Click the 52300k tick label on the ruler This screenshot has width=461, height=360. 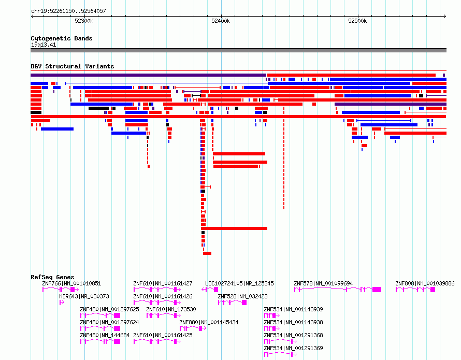click(84, 21)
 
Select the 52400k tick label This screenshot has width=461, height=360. click(221, 21)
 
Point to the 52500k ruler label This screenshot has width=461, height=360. click(357, 21)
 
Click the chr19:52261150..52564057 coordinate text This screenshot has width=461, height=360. click(68, 11)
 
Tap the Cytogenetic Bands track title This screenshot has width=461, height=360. click(62, 38)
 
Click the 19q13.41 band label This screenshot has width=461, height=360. click(44, 45)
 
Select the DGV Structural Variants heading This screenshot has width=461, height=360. click(73, 66)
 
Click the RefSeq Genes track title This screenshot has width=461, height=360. click(52, 277)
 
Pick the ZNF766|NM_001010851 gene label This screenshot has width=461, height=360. click(71, 283)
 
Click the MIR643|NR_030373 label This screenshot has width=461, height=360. click(84, 296)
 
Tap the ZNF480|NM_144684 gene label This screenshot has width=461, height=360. click(105, 335)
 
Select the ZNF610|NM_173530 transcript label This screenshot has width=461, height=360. click(171, 309)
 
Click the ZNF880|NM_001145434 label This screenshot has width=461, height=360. click(209, 322)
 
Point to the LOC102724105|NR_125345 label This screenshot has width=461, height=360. click(239, 283)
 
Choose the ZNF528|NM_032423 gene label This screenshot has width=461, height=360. click(242, 296)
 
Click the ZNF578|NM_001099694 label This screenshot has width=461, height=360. click(323, 283)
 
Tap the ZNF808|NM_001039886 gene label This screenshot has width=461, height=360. click(425, 283)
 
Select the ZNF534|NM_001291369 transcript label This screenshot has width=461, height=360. click(293, 348)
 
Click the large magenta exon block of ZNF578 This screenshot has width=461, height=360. click(377, 290)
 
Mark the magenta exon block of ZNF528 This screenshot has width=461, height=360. click(244, 303)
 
